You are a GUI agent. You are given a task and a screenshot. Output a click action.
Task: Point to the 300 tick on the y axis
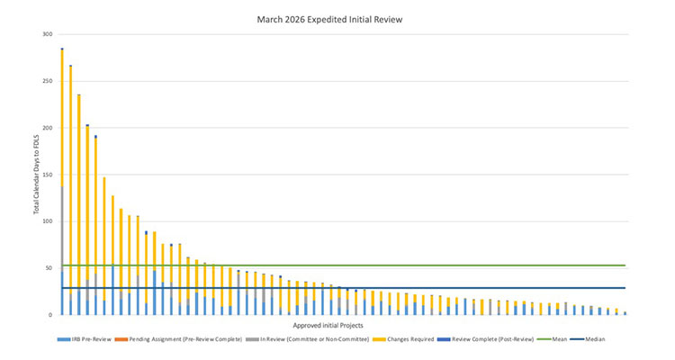coord(46,34)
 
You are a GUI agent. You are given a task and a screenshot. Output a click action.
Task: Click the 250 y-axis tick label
coord(46,81)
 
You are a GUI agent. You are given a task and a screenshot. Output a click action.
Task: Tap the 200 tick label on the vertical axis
coord(46,128)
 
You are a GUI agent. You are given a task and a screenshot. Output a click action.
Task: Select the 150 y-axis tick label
coord(46,175)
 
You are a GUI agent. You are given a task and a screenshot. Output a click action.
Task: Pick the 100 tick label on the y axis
coord(46,221)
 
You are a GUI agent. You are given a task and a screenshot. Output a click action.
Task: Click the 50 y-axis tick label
coord(48,268)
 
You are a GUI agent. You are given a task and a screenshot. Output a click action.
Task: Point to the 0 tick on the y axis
coord(49,315)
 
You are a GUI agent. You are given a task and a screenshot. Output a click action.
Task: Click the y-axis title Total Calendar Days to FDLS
coord(35,175)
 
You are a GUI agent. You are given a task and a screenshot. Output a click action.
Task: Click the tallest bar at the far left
coord(62,180)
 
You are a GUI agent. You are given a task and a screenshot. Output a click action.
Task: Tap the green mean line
coord(360,265)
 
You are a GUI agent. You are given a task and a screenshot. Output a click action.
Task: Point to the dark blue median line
coord(360,288)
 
